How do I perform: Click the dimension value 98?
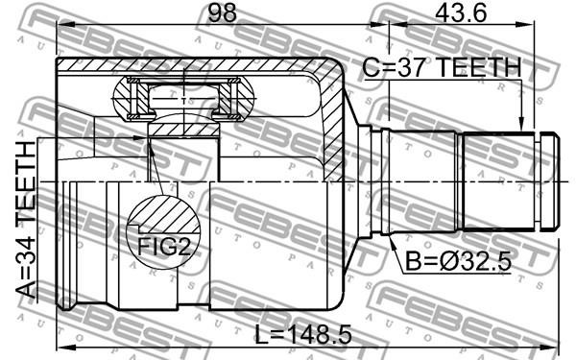223,12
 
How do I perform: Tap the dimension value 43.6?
461,12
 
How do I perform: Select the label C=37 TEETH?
442,67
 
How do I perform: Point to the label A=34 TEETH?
27,219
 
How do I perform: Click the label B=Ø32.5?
458,262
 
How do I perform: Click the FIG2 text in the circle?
164,247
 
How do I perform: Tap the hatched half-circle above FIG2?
164,214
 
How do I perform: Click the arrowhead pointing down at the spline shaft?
521,124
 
